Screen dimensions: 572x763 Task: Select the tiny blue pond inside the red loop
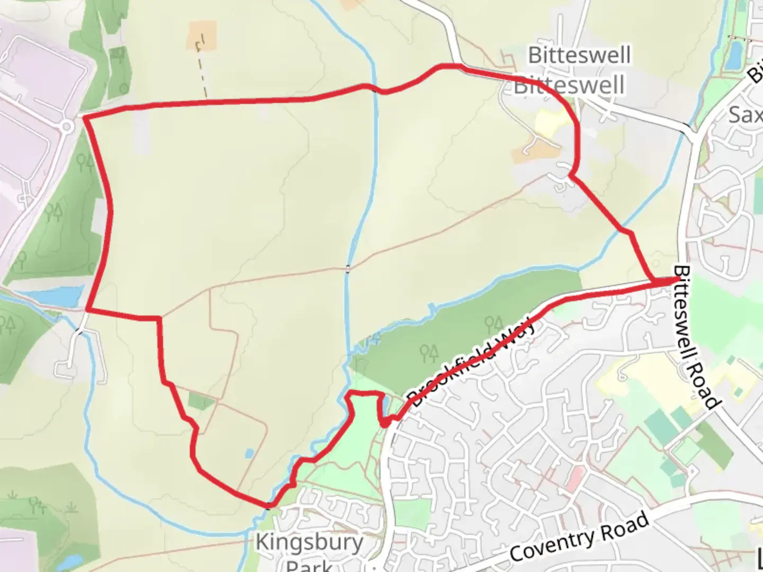point(249,454)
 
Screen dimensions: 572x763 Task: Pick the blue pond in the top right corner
point(735,55)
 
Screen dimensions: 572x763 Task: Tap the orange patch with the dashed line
point(202,35)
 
